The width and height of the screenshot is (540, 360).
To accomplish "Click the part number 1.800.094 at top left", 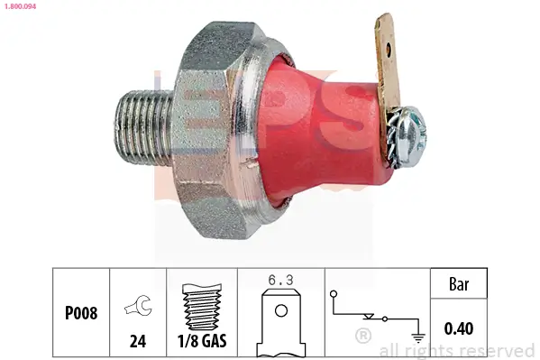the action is click(x=20, y=6).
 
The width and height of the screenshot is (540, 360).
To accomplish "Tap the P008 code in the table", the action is click(x=81, y=313).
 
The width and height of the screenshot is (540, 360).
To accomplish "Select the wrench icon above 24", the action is click(x=138, y=305).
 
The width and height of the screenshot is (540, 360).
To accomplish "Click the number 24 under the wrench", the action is click(x=138, y=341).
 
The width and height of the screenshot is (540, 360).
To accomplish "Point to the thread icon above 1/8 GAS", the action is click(x=202, y=307).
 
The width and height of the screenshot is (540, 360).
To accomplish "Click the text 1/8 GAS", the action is click(x=202, y=341).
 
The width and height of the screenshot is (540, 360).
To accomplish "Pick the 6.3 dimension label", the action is click(x=280, y=280).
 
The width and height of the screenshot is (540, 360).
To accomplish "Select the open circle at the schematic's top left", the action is click(x=334, y=294).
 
